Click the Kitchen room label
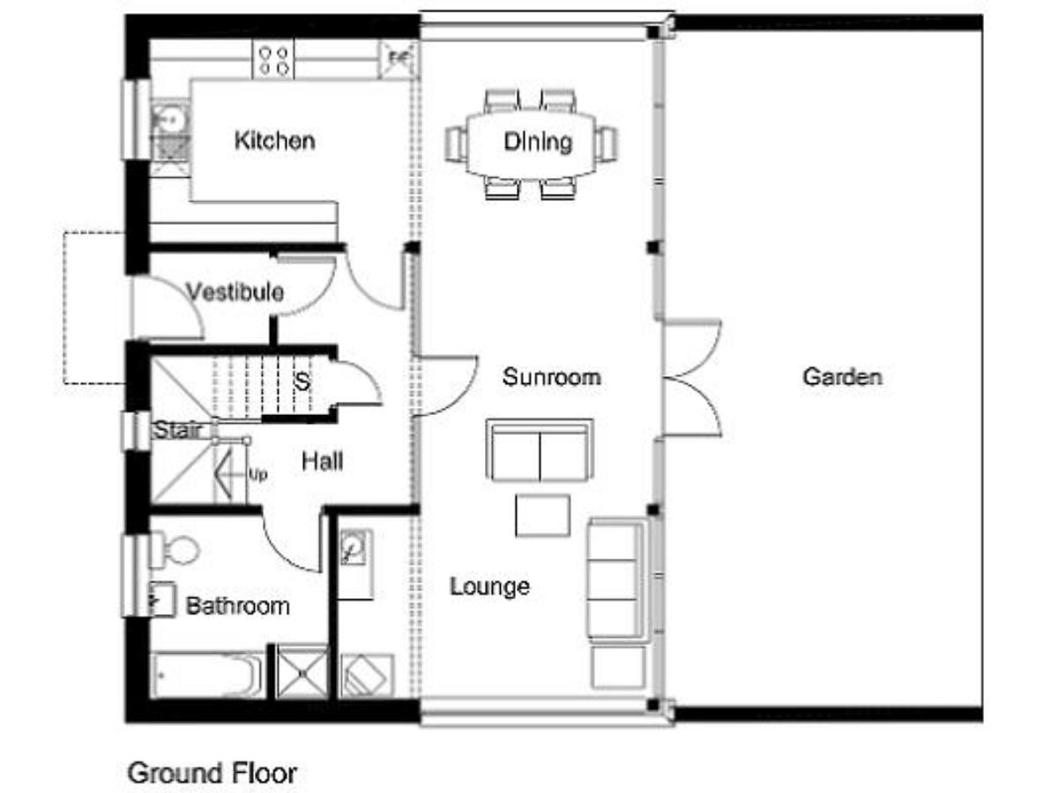tap(275, 141)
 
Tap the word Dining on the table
tap(538, 142)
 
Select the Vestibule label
tap(235, 292)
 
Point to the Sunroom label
tap(551, 376)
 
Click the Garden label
tap(842, 376)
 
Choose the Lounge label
tap(489, 587)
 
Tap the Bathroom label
tap(238, 605)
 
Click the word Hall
tap(322, 462)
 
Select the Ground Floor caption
tap(212, 774)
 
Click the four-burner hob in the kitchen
tap(273, 60)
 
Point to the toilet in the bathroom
tap(175, 551)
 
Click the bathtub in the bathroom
tap(208, 675)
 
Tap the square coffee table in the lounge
tap(542, 515)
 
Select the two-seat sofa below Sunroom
tap(540, 449)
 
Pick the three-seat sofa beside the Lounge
tap(617, 580)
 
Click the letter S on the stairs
tap(302, 382)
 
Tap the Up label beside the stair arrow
tap(257, 475)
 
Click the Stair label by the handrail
tap(176, 429)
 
